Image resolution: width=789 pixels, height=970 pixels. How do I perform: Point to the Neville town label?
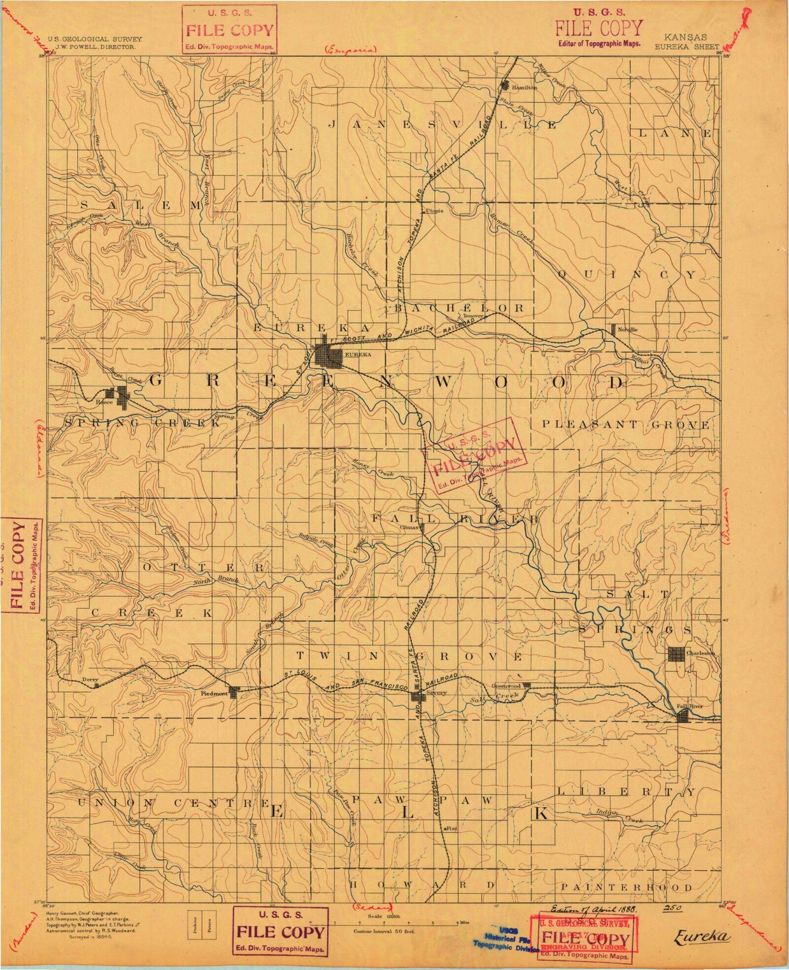[x=628, y=329]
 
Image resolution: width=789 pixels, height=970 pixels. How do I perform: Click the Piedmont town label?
[x=213, y=693]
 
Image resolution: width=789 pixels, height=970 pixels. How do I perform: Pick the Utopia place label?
[x=435, y=211]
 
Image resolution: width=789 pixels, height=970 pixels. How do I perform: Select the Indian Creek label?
[x=620, y=816]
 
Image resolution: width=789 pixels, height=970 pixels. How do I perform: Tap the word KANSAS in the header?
[x=686, y=38]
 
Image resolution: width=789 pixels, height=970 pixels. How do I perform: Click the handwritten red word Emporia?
[x=349, y=50]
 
